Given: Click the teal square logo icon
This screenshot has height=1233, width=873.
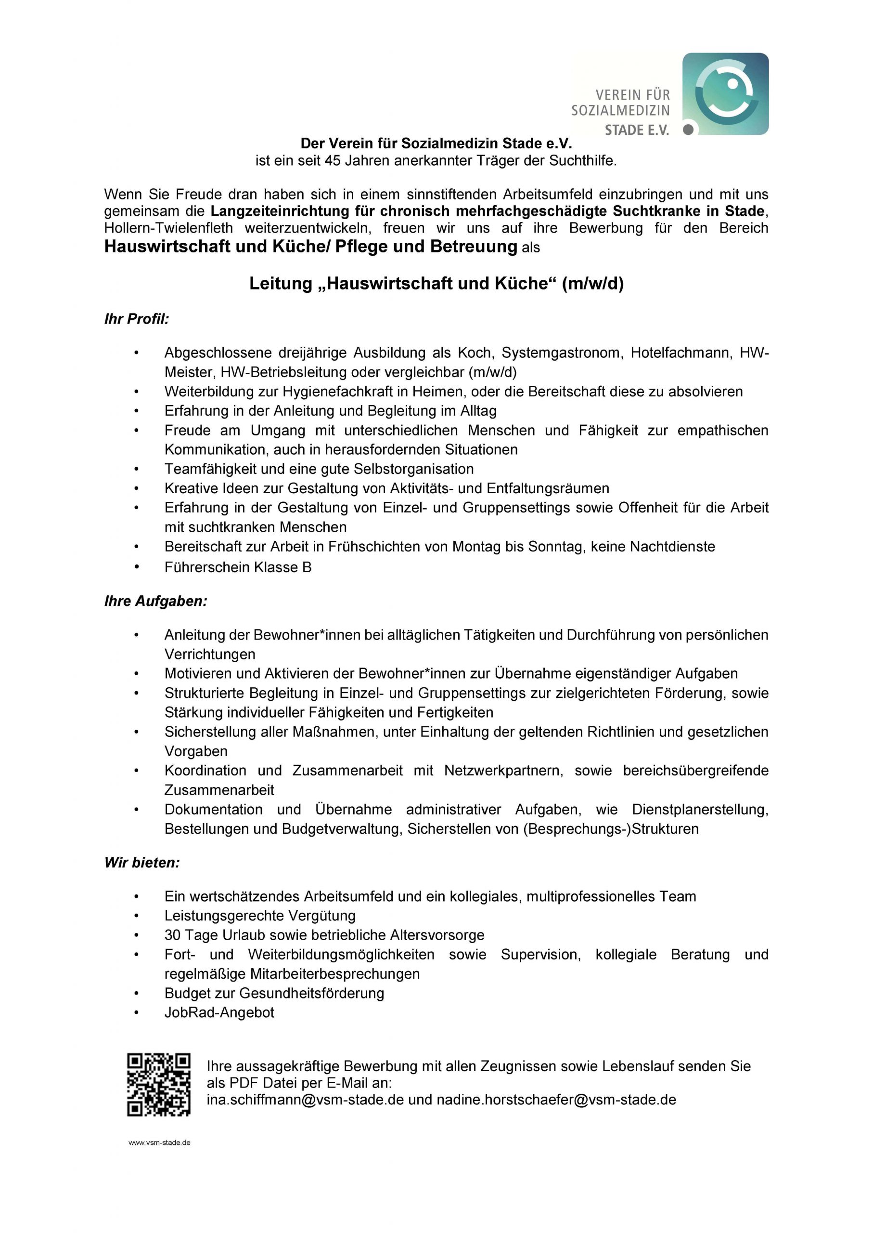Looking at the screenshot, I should pos(725,93).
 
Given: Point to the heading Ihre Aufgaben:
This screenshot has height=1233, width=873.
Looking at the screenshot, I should pos(155,602).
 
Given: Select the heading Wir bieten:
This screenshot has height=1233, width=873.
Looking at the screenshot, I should pos(142,863).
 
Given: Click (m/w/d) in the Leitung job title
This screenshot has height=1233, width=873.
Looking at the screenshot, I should pos(593,284).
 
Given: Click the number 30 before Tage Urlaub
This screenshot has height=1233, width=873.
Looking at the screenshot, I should pos(173,935).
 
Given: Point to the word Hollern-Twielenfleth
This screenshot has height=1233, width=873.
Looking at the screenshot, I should pos(169,228).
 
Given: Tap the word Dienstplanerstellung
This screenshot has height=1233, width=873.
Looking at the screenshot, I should pos(700,810).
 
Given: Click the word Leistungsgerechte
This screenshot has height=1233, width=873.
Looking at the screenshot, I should pos(225,916).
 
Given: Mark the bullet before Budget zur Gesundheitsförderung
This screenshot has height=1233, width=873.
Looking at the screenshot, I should pos(137,994).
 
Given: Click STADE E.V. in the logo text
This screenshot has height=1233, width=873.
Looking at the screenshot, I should pos(637,130).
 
